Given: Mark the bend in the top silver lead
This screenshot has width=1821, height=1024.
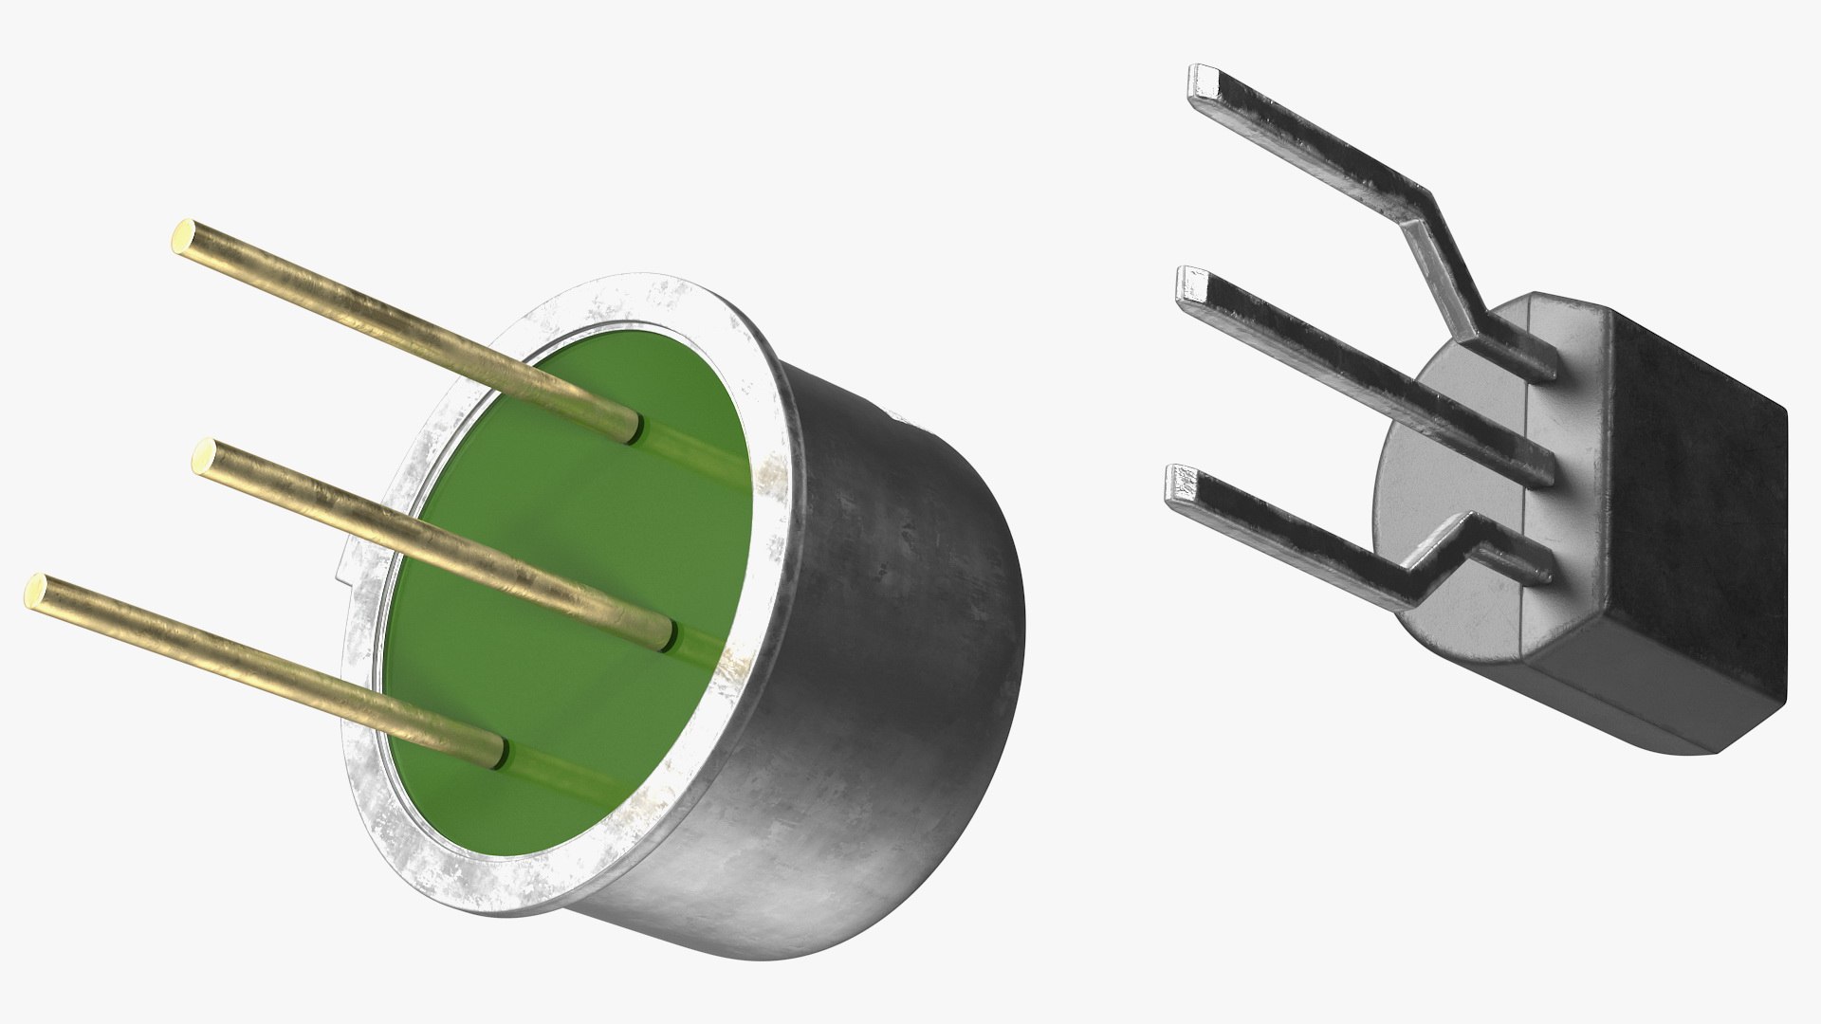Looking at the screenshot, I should point(1423,223).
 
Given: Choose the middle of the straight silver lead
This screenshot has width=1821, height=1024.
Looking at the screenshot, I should point(1366,375).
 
